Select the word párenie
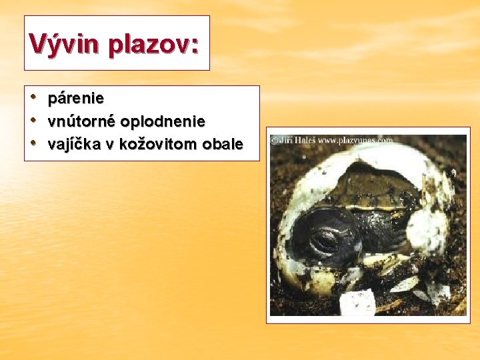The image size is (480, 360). point(76,98)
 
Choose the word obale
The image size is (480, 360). point(225,144)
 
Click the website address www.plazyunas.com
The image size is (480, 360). point(355,141)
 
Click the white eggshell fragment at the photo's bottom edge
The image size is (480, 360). point(357,303)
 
